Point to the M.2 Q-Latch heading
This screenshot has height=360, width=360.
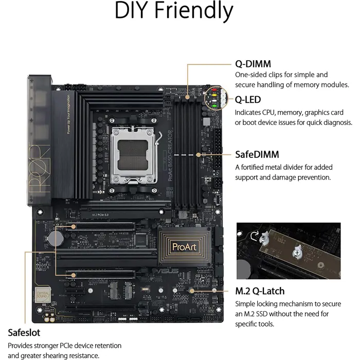click(x=260, y=291)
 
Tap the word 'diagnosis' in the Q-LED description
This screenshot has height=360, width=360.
click(x=336, y=122)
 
